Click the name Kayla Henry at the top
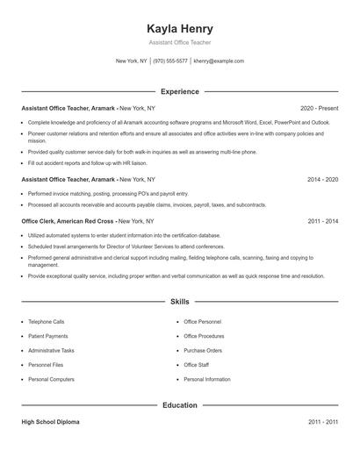pos(180,28)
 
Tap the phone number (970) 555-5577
pos(170,61)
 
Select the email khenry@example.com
pos(219,61)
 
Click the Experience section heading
pos(180,91)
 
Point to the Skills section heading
pos(180,302)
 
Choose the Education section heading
pos(180,405)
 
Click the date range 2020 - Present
pos(319,107)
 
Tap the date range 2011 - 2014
pos(322,221)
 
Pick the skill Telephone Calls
pos(46,322)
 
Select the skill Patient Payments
pos(47,336)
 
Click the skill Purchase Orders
pos(203,350)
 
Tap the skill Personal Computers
pos(50,379)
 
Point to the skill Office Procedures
pos(205,336)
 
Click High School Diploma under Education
pos(50,422)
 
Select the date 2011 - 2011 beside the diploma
pos(322,422)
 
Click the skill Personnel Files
pos(45,365)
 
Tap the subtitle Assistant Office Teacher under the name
pos(180,42)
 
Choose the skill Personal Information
pos(207,379)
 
